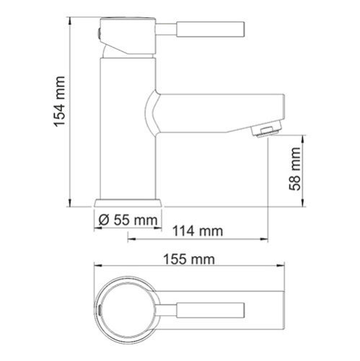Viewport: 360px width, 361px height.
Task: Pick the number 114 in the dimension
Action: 185,231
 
